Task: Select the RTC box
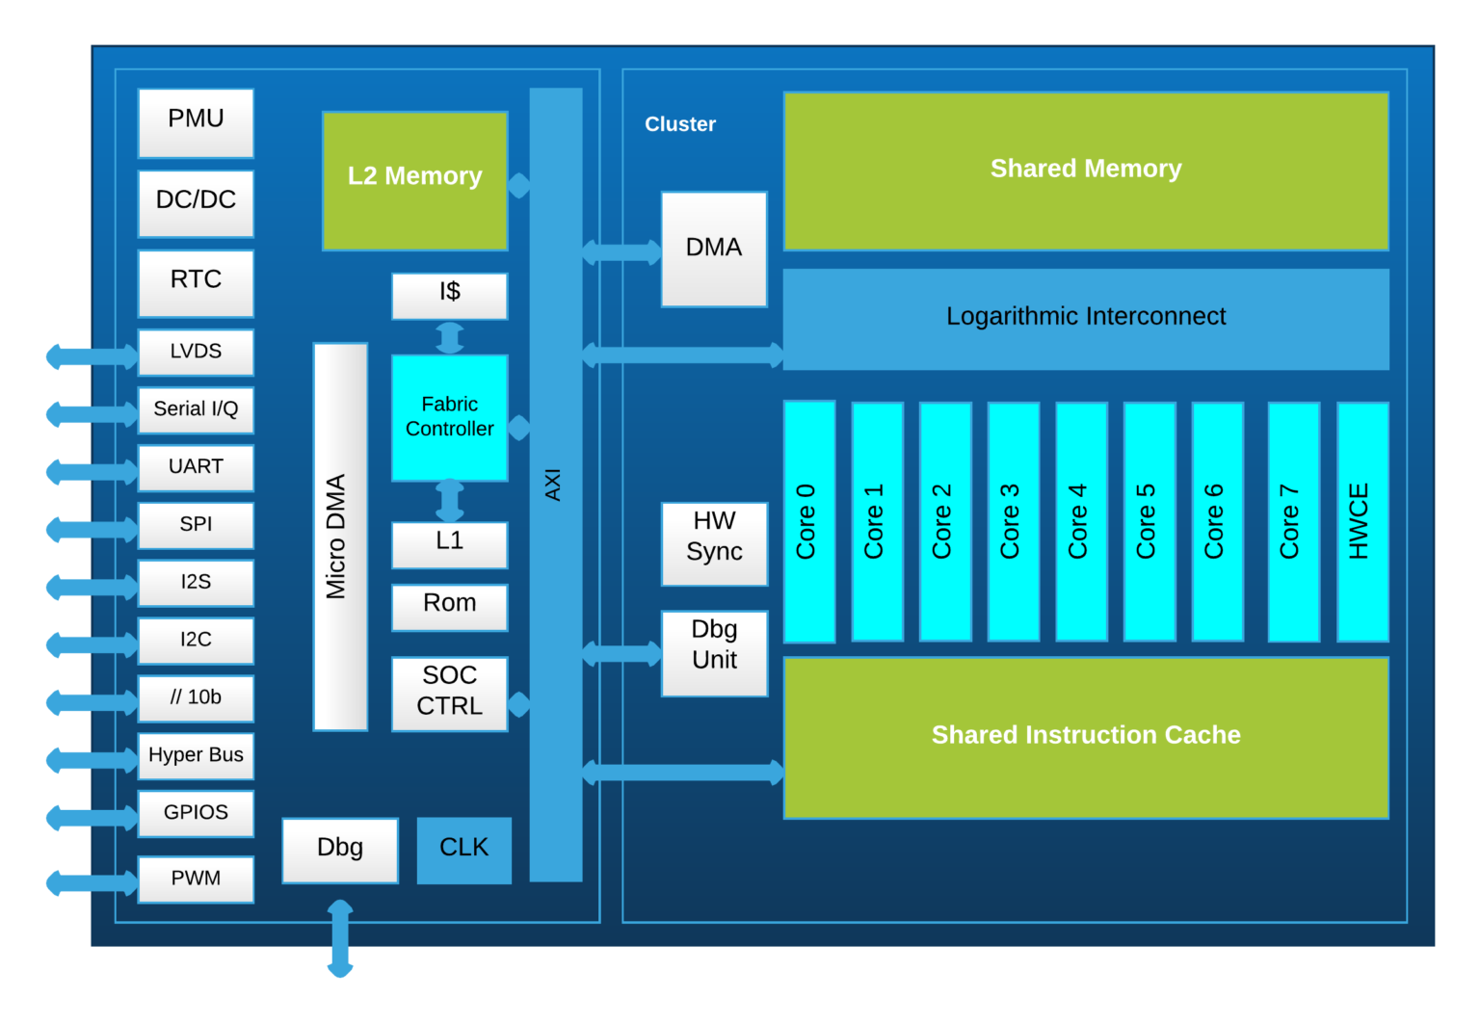[196, 282]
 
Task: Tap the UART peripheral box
[196, 467]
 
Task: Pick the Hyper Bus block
[196, 756]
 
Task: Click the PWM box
[196, 879]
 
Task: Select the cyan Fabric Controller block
[449, 418]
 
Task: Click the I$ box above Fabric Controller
[449, 295]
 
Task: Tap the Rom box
[449, 606]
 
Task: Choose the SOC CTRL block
[449, 693]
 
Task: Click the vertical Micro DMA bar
[339, 537]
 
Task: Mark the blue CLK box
[463, 850]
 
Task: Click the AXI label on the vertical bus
[554, 485]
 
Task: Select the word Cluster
[680, 124]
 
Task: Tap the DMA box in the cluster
[714, 249]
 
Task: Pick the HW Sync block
[714, 543]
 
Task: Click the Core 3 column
[1013, 521]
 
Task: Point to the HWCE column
[1361, 521]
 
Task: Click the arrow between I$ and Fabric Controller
[449, 338]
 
